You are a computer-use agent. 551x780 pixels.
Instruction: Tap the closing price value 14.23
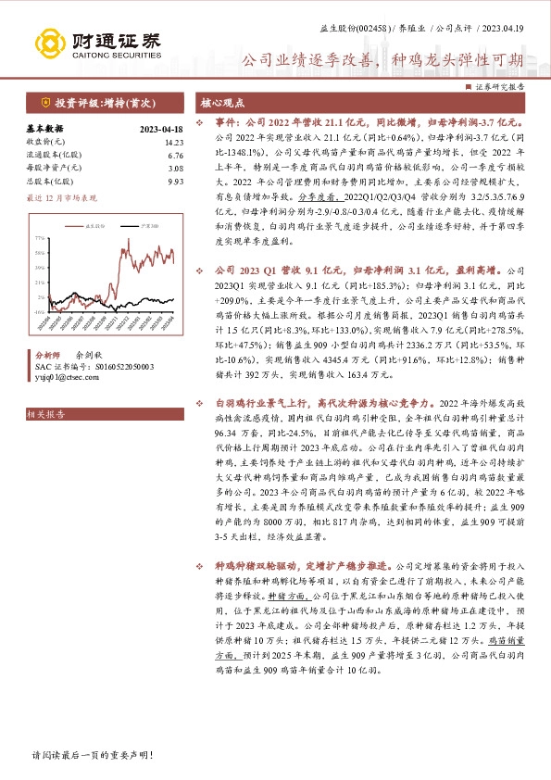tap(174, 142)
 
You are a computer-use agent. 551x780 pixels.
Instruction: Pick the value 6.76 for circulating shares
tap(176, 156)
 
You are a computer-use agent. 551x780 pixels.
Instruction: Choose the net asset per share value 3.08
tap(176, 169)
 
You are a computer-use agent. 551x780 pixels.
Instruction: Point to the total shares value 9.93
tap(176, 182)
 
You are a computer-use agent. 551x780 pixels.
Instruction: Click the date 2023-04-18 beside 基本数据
tap(160, 129)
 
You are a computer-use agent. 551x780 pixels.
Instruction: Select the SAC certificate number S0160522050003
tap(106, 367)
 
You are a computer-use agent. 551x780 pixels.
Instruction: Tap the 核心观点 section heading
tap(223, 102)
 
